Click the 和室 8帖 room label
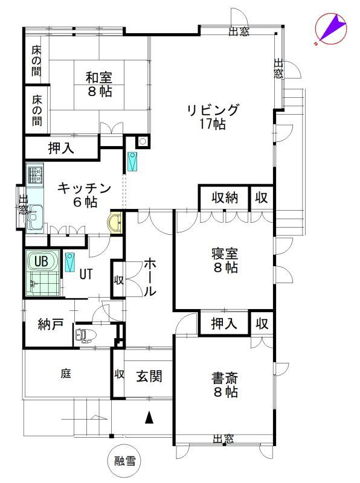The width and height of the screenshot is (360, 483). tap(98, 84)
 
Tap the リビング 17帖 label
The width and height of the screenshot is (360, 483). tap(213, 117)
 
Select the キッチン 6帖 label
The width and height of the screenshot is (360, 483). tap(84, 194)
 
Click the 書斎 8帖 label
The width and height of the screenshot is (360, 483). tap(225, 385)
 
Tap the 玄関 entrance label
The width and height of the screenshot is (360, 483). tap(149, 376)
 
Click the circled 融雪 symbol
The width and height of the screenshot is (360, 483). tap(125, 461)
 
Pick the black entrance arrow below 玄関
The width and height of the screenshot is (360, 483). tap(149, 418)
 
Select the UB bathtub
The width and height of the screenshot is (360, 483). tap(43, 262)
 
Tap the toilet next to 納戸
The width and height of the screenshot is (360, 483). tap(85, 335)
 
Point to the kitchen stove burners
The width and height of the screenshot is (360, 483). tap(35, 175)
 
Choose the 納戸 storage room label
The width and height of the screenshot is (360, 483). tap(51, 324)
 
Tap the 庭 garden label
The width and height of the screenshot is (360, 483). tap(66, 374)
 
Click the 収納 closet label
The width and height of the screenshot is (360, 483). tap(225, 197)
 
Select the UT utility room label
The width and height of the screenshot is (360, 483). tap(86, 274)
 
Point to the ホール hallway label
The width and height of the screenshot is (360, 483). tap(150, 278)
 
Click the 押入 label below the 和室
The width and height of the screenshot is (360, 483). tap(61, 148)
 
